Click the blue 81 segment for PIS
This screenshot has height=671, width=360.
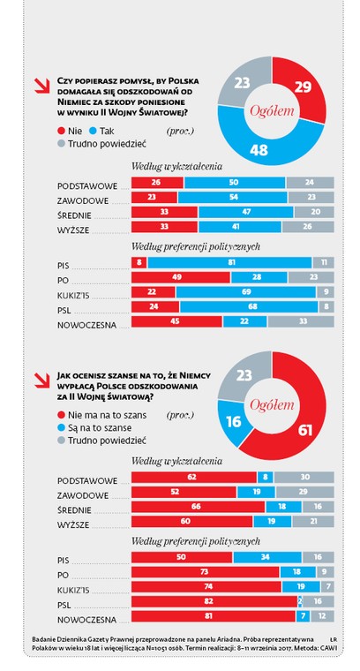(x=229, y=263)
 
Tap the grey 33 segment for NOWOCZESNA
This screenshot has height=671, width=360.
(x=301, y=321)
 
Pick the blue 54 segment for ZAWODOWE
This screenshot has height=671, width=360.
(x=233, y=198)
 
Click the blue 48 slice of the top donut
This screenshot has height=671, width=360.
(x=265, y=146)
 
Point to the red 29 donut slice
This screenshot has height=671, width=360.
(x=303, y=87)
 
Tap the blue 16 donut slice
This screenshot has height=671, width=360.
(x=233, y=421)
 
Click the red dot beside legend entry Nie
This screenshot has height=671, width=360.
(x=61, y=132)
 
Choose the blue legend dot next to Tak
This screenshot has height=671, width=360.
(x=93, y=132)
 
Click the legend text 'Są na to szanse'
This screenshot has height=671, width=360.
(x=100, y=428)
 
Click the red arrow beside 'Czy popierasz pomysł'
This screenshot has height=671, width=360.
(x=41, y=86)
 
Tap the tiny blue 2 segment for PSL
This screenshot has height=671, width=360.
(x=300, y=601)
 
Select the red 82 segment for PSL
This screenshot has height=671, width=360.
(x=214, y=601)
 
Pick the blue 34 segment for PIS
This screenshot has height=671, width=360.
(x=267, y=558)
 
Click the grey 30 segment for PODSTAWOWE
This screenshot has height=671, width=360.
(x=304, y=478)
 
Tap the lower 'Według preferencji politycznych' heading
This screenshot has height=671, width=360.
(x=196, y=542)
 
